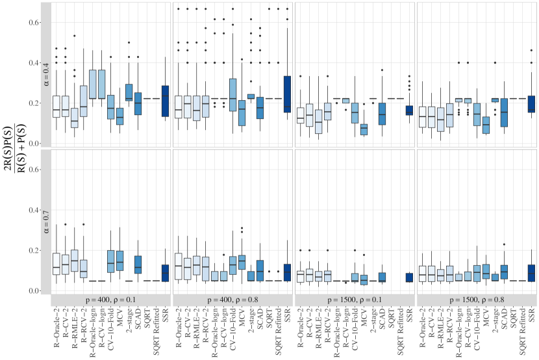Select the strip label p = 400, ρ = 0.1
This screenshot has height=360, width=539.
[110, 300]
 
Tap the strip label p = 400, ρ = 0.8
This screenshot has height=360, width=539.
[232, 300]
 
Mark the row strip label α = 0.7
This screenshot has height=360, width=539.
[46, 221]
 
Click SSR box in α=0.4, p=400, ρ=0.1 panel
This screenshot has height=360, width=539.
[165, 101]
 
